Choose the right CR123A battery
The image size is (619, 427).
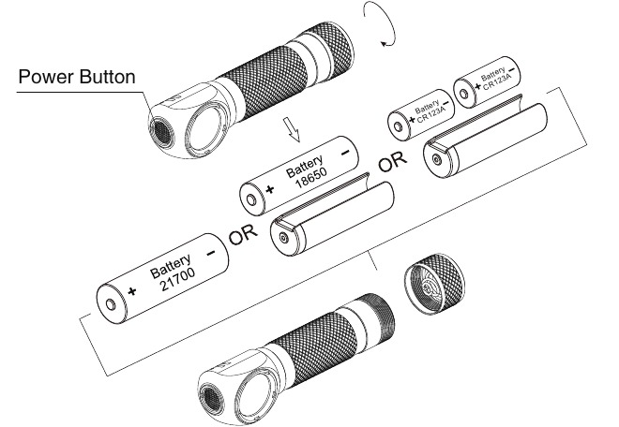click(490, 81)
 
